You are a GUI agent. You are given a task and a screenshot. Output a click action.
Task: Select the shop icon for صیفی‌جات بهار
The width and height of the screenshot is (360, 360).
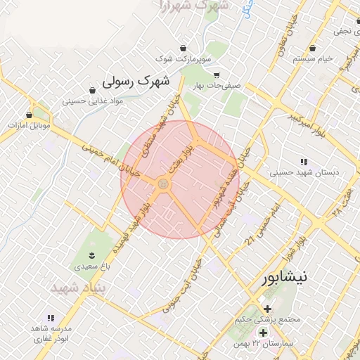click(217, 75)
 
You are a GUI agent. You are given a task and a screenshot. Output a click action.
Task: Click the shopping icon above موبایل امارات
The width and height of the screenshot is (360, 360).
click(29, 114)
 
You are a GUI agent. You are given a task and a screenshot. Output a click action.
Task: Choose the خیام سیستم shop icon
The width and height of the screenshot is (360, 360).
click(312, 49)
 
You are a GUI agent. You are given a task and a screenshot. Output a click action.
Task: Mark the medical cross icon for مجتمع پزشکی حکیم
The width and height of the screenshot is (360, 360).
click(266, 309)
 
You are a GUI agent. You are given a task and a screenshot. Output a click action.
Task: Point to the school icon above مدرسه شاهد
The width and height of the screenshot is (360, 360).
click(50, 318)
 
